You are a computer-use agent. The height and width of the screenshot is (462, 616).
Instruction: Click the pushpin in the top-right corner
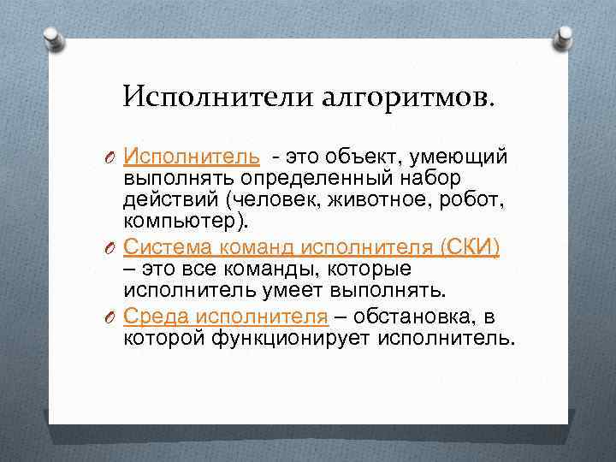point(564,36)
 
